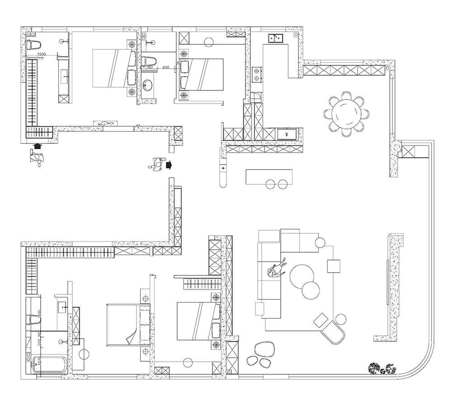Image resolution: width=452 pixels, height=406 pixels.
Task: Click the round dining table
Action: pos(346,113)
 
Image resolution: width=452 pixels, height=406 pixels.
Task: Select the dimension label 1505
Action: pos(41,55)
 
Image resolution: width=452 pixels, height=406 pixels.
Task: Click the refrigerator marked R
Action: pos(287,134)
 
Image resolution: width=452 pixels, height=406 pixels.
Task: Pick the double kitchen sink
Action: pos(276,38)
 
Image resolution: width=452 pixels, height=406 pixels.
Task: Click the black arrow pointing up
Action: pos(37,146)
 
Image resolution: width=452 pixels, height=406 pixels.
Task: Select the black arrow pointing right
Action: pos(169,165)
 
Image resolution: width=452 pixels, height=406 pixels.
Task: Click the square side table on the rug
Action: pos(334,266)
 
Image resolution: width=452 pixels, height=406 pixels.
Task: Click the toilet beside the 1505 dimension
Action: pos(34,44)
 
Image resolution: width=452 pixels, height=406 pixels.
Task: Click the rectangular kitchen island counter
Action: pos(269,176)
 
